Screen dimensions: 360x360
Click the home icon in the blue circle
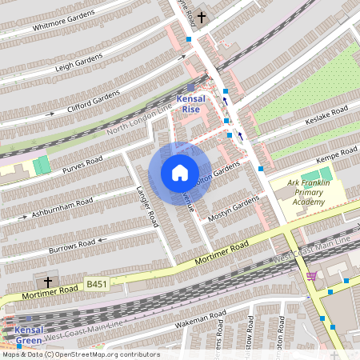(179, 173)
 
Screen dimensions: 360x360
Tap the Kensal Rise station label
(190, 103)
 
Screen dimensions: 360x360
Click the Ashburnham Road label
(63, 206)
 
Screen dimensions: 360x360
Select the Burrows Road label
(73, 242)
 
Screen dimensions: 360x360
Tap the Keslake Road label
(327, 112)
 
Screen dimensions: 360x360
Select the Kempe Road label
(337, 153)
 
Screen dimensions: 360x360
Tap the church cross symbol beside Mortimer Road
(47, 282)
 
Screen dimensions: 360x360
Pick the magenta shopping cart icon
(310, 276)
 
